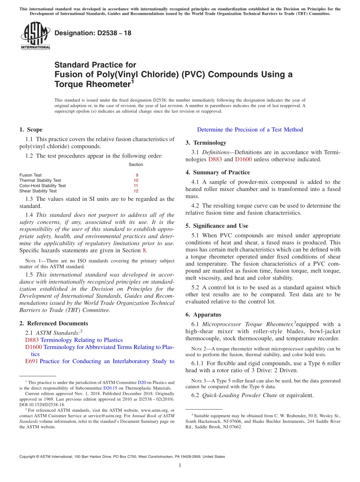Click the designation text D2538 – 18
[x=93, y=33]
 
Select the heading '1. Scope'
[x=31, y=130]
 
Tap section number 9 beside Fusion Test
[x=137, y=175]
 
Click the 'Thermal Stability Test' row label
[x=40, y=180]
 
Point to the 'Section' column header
[x=136, y=164]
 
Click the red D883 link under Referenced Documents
[x=32, y=340]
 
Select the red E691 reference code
[x=31, y=361]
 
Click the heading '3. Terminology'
[x=206, y=143]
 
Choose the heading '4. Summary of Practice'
[x=218, y=172]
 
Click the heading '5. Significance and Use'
[x=217, y=226]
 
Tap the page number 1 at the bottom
[x=180, y=465]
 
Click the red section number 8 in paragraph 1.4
[x=144, y=250]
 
